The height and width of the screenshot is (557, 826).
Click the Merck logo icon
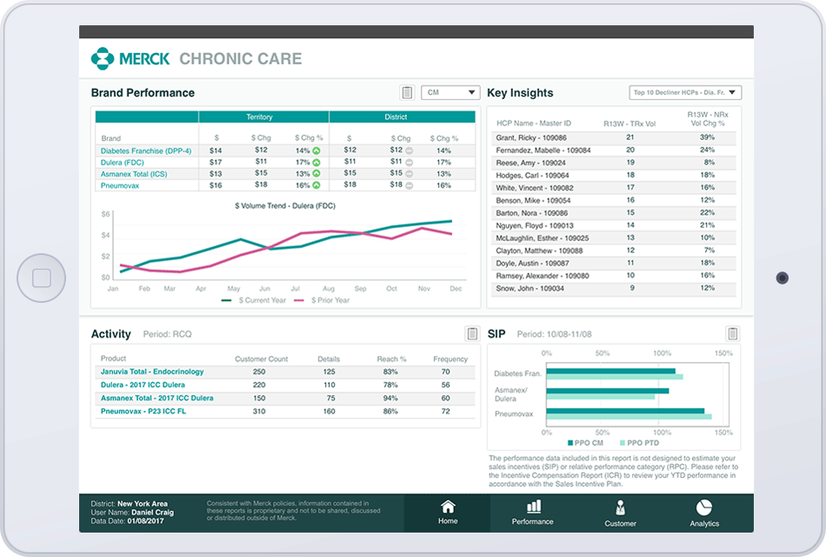tap(103, 59)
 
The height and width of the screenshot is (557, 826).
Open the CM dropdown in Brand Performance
tap(450, 92)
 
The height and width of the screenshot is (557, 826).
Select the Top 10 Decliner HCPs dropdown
tap(685, 92)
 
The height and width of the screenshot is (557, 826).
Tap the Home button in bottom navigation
tap(448, 513)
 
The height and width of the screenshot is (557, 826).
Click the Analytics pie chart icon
tap(704, 507)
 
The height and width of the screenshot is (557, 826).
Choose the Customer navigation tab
tap(620, 513)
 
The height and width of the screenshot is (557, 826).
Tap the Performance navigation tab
tap(533, 513)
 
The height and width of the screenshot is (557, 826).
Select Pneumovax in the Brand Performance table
tap(119, 185)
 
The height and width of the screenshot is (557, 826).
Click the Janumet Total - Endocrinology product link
tap(152, 372)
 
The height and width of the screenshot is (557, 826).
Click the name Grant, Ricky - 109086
tap(531, 138)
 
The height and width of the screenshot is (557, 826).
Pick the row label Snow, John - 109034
tap(530, 288)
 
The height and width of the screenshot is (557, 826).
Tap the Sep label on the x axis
tap(360, 288)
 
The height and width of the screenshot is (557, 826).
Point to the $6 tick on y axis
tap(105, 214)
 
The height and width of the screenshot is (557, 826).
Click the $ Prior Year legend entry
tap(323, 300)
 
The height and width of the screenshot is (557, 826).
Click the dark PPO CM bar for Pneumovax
tap(625, 411)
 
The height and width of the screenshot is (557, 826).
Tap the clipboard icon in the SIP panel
tap(732, 334)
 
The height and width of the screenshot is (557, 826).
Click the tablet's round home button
tap(41, 278)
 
